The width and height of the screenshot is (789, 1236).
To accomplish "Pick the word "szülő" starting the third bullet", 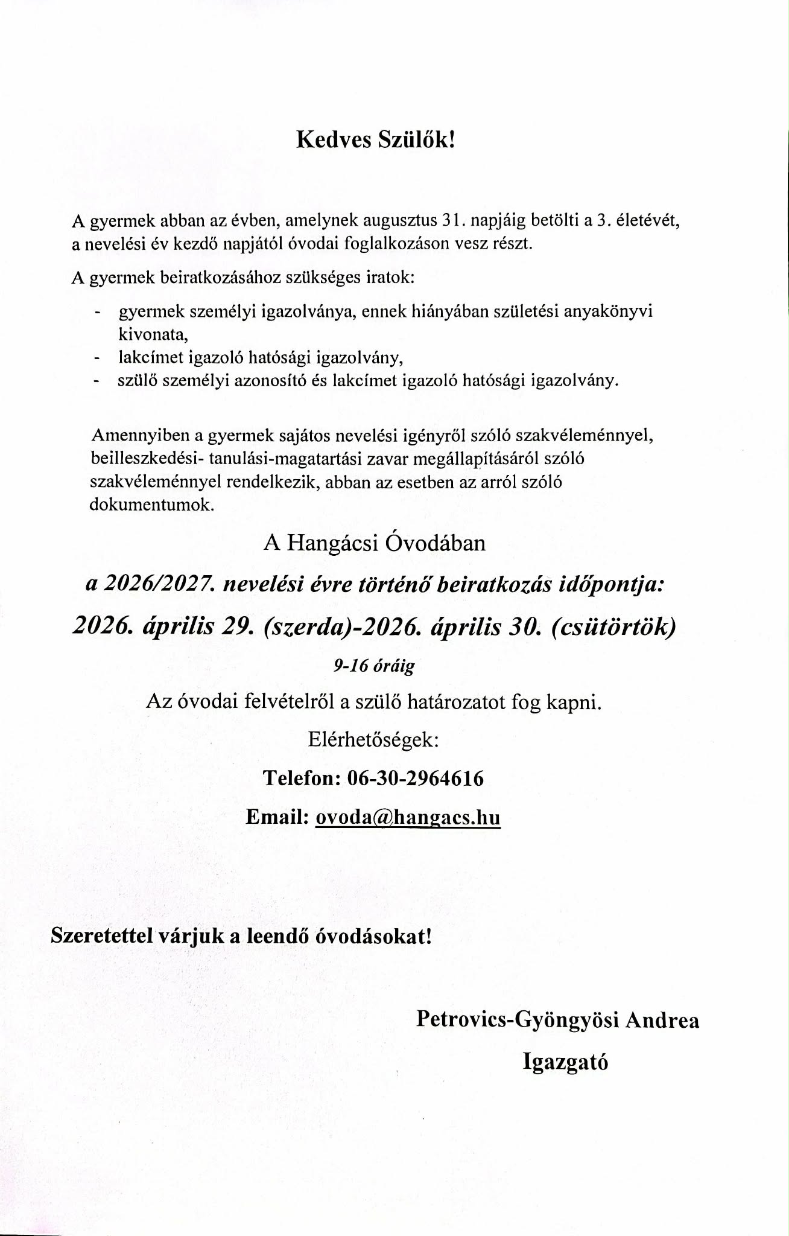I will coord(138,381).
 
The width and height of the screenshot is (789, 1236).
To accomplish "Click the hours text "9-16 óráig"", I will coord(374,666).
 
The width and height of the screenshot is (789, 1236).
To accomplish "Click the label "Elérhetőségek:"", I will coord(374,740).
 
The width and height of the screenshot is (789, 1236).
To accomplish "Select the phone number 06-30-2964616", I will coord(416,779).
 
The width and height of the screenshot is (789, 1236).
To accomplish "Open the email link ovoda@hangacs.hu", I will coord(408,817).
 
